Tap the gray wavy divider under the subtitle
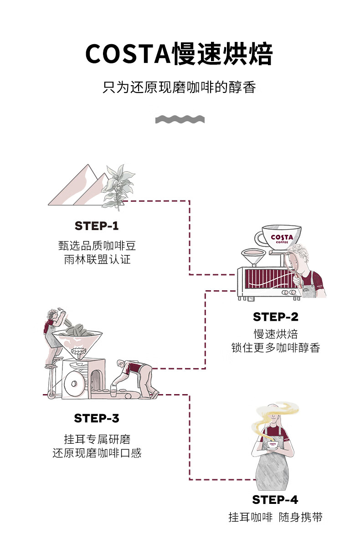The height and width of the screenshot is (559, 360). [180, 119]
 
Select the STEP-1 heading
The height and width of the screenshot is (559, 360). [97, 226]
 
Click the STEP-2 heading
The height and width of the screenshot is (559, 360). [275, 317]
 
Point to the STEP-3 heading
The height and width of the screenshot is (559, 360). [97, 418]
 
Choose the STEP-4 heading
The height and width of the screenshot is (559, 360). [275, 500]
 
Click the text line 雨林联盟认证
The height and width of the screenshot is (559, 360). [97, 260]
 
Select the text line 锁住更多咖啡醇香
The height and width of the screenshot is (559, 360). [275, 348]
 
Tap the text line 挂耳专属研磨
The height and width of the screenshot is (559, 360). [97, 440]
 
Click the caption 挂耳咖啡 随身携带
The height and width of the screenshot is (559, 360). [275, 518]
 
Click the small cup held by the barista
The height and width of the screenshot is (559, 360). [273, 445]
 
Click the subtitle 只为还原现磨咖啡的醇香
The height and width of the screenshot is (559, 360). [180, 87]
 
